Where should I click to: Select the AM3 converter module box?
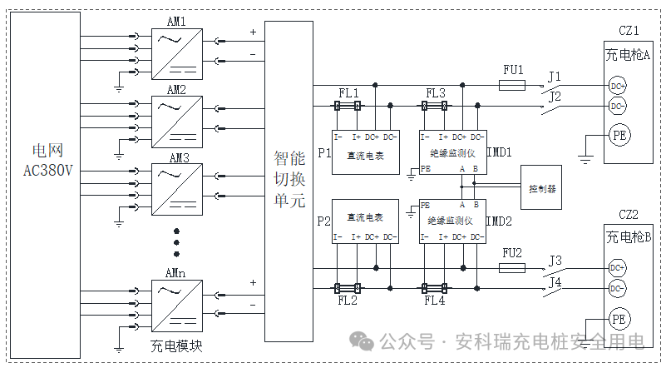coord(177,186)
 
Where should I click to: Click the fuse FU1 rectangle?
coord(511,85)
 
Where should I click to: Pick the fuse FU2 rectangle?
coord(511,268)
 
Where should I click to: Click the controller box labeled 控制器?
coord(542,189)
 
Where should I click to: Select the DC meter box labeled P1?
coord(366,152)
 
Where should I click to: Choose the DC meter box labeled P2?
coord(366,221)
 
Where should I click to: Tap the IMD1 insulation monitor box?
coord(452,152)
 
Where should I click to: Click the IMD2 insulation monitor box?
coord(452,221)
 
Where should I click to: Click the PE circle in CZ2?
coord(617,319)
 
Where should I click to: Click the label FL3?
coord(436,92)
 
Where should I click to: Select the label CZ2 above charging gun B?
coord(628,214)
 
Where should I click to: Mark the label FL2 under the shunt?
coord(348,301)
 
